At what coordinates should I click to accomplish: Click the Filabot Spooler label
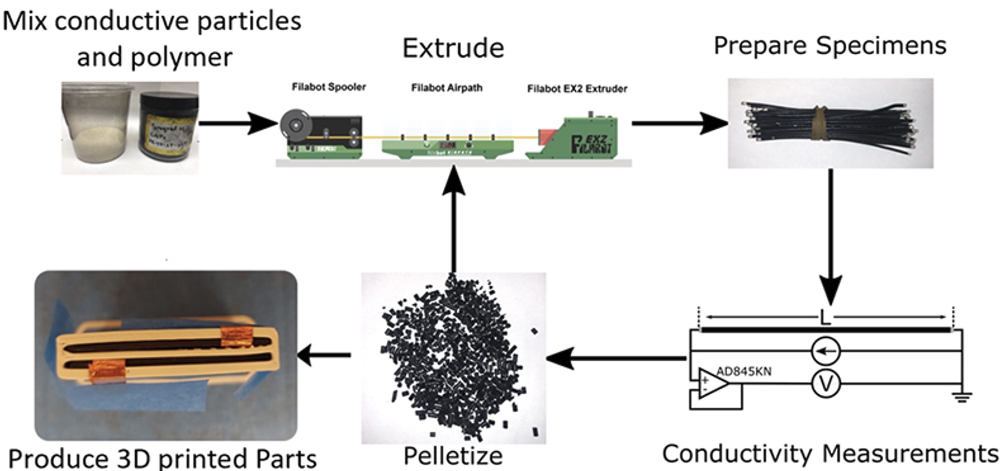coord(328,87)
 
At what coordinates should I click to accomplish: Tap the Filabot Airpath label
coord(446,88)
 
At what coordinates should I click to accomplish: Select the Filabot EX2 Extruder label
coord(577,88)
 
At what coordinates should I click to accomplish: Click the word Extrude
coord(453,48)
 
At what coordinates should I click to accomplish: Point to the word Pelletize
coord(453,456)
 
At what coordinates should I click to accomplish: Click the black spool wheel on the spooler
coord(296,125)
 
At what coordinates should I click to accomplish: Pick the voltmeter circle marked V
coord(825,384)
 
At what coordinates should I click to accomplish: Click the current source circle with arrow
coord(825,350)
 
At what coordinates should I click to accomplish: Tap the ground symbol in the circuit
coord(962,397)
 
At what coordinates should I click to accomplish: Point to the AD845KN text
coord(743,371)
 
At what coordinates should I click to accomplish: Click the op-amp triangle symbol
coord(712,384)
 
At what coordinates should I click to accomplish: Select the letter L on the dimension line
coord(825,317)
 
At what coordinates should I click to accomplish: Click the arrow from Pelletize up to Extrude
coord(454,219)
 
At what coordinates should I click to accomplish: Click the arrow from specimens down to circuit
coord(831,237)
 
